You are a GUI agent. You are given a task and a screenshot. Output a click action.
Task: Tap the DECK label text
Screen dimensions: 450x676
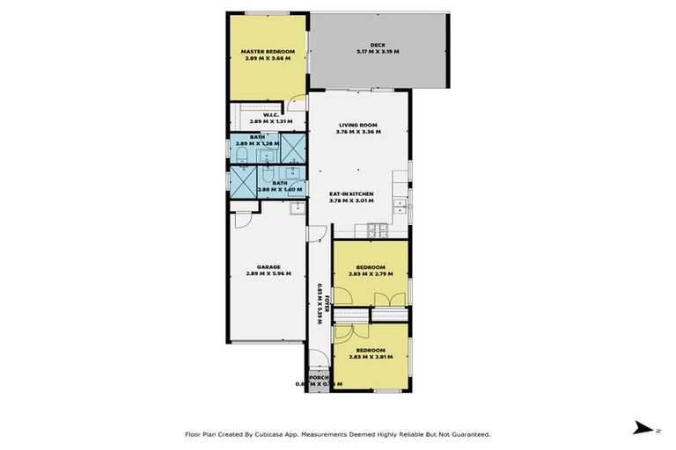click(378, 45)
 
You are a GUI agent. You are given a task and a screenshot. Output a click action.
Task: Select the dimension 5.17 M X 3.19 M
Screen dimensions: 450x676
click(378, 53)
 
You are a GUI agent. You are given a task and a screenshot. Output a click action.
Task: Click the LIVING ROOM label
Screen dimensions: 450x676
click(359, 125)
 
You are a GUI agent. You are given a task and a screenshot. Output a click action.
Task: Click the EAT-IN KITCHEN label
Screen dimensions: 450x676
click(351, 192)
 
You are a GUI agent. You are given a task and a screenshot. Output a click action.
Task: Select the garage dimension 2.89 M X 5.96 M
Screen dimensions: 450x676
click(268, 273)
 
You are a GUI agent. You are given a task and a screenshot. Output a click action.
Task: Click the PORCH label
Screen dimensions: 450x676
click(318, 377)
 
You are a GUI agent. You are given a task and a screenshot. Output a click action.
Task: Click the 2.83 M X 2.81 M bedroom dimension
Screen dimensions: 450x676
click(370, 358)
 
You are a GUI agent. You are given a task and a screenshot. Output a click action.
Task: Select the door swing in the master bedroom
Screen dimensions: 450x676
click(300, 99)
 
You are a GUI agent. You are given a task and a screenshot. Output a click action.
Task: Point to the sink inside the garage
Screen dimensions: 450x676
click(297, 207)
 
